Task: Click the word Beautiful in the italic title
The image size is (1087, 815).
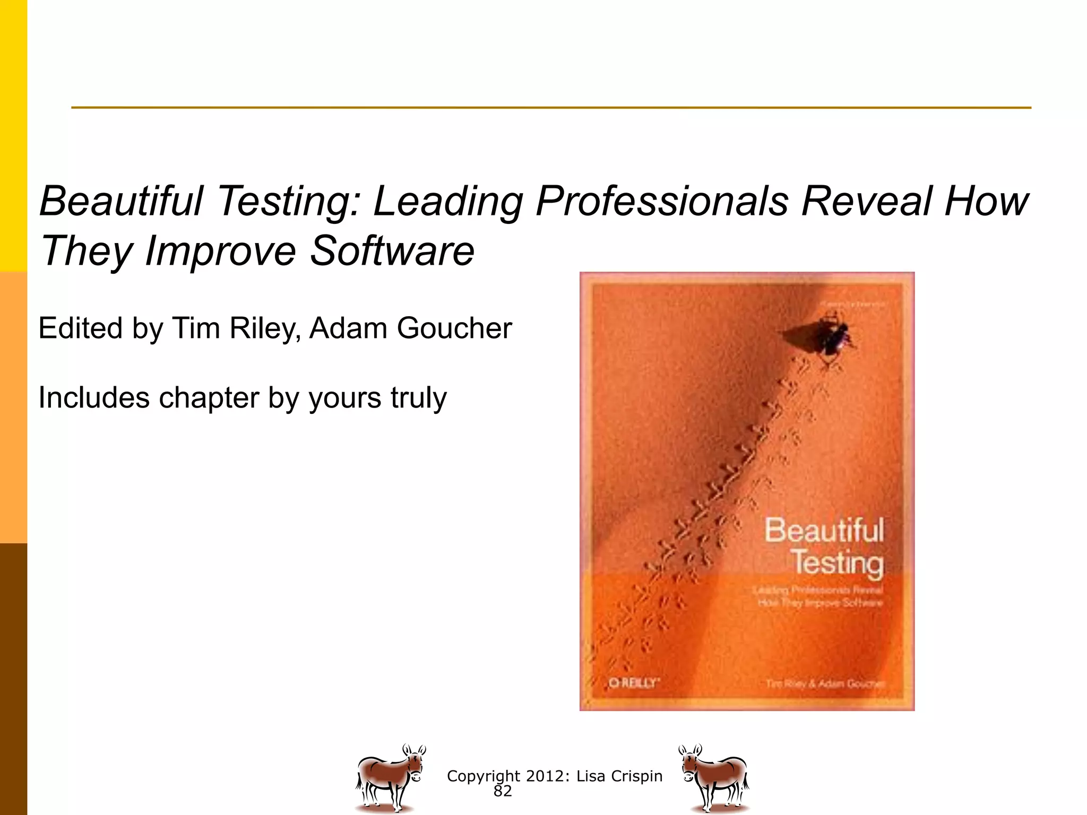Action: click(x=122, y=201)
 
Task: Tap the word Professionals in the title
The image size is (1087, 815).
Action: click(x=662, y=201)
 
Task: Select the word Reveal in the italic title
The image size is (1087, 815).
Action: click(x=866, y=201)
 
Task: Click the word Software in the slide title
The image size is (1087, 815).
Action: click(x=392, y=250)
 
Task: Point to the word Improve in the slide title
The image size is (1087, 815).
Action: click(x=220, y=252)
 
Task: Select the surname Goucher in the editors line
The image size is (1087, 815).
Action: click(x=454, y=328)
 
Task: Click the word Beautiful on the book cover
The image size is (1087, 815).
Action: click(x=824, y=530)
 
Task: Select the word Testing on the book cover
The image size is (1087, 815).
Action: click(x=838, y=562)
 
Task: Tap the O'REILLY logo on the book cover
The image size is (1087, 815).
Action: click(x=633, y=682)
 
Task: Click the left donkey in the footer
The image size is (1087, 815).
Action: click(x=390, y=777)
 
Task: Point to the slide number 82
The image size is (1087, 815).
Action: click(x=502, y=791)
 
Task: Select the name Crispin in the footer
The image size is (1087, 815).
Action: click(x=636, y=776)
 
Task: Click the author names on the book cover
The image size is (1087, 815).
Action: click(x=824, y=683)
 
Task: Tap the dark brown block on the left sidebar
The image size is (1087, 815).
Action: click(x=13, y=679)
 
